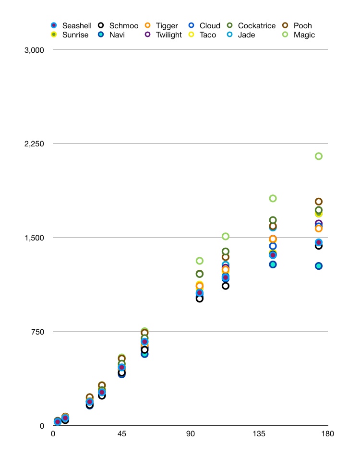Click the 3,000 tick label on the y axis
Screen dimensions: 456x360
pos(34,50)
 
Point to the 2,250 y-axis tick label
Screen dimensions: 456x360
pos(34,144)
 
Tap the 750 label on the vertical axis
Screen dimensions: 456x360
pos(38,332)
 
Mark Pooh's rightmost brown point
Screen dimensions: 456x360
pos(318,202)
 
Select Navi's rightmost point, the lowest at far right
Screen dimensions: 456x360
pos(318,266)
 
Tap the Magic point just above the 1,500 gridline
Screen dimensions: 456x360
pos(226,236)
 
